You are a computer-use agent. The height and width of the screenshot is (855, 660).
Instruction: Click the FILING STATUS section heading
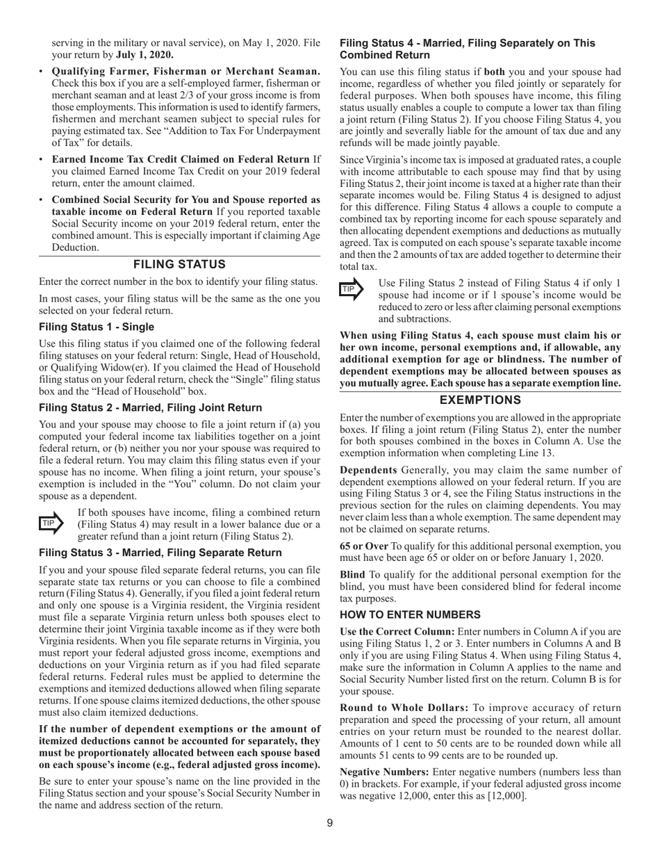[x=179, y=264]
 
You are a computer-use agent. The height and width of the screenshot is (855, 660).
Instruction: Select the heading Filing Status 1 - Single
[x=97, y=327]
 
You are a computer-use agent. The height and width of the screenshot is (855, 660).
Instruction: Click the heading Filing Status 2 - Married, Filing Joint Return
[x=150, y=408]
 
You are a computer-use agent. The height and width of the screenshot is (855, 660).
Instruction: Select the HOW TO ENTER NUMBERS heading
[x=410, y=614]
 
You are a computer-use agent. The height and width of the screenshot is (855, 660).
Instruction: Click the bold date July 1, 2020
[x=145, y=55]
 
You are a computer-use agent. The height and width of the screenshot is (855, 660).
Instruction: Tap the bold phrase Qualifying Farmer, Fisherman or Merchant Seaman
[x=186, y=72]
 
